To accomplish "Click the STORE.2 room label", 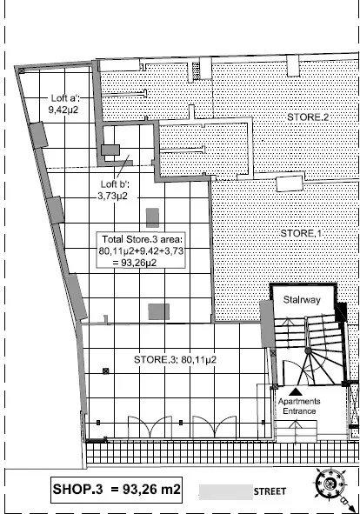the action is [308, 117].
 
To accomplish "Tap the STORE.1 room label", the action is [301, 233].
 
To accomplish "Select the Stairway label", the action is [302, 299].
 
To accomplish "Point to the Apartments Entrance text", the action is [299, 406].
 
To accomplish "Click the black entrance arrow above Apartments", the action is [296, 391].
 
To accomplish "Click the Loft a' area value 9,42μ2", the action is [63, 110].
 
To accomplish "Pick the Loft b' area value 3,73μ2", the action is [112, 196].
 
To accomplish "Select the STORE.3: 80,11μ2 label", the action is [175, 359].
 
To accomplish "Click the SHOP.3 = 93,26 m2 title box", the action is [117, 490].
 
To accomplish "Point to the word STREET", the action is [270, 491].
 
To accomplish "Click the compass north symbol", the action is [330, 484].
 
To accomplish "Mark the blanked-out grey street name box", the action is [226, 492].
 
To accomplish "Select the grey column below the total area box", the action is [158, 311].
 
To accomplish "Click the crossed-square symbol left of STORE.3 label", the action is [105, 371].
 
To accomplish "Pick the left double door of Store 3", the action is [150, 427].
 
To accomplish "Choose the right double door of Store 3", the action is [214, 427].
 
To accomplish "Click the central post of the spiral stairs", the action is [308, 350].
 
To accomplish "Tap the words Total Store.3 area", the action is [143, 239].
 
